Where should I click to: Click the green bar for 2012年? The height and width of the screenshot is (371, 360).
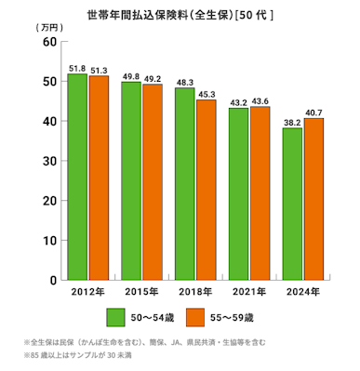77,177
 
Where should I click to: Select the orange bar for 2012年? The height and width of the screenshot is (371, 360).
99,178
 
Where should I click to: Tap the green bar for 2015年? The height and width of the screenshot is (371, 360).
131,180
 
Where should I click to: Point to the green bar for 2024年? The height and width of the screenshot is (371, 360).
293,204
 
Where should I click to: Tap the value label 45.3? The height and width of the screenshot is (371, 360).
207,93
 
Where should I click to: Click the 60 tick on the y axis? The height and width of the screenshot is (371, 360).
50,43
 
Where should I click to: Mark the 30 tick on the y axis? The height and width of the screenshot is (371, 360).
50,161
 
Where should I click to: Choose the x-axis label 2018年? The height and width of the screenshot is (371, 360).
195,293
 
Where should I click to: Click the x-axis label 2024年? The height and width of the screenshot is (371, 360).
303,293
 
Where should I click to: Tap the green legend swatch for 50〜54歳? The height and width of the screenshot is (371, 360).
115,317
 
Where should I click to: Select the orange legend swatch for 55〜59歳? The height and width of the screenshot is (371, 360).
195,317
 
